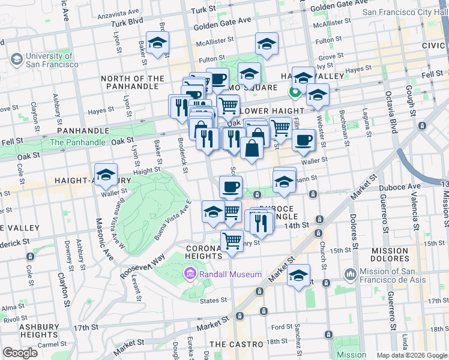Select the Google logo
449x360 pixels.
pyautogui.click(x=20, y=352)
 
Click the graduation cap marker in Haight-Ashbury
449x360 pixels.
pyautogui.click(x=106, y=175)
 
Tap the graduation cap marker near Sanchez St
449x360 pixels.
pyautogui.click(x=298, y=275)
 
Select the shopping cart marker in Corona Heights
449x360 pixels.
pyautogui.click(x=232, y=241)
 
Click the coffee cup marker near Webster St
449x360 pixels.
pyautogui.click(x=304, y=140)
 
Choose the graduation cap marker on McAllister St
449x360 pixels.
pyautogui.click(x=267, y=43)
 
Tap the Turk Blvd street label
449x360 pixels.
pyautogui.click(x=127, y=22)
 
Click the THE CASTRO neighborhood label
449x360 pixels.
pyautogui.click(x=237, y=344)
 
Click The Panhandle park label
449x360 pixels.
pyautogui.click(x=77, y=142)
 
